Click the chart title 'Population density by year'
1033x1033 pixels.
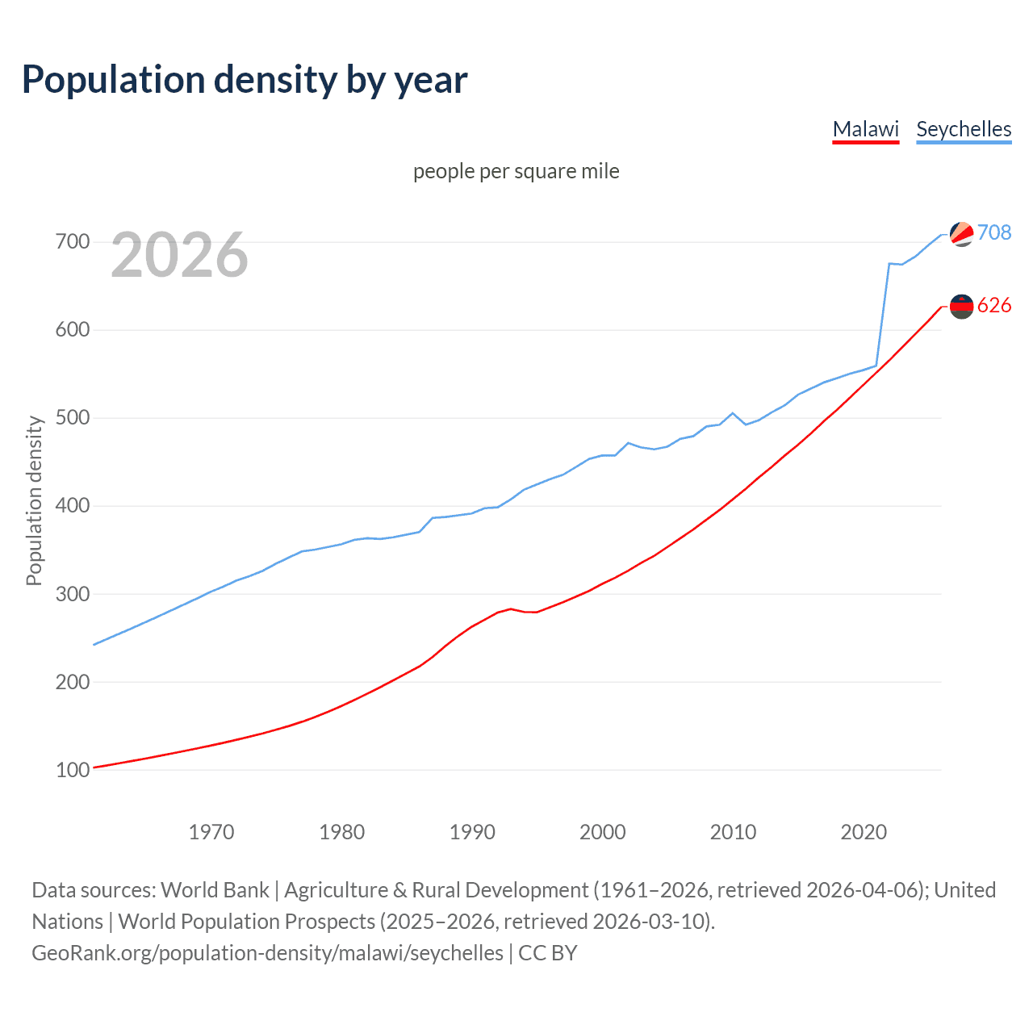(x=245, y=79)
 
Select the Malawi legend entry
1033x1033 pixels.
(x=865, y=129)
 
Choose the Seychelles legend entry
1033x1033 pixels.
(x=964, y=129)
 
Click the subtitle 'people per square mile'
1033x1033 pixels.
(x=516, y=171)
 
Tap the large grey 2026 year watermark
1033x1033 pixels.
(x=179, y=255)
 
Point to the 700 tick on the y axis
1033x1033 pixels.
(x=73, y=242)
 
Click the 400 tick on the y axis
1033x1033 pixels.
(x=73, y=506)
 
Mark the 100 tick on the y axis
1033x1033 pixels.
(x=73, y=770)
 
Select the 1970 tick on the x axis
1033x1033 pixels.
(x=211, y=831)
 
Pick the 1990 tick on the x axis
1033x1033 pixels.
(x=472, y=831)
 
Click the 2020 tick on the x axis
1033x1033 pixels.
(x=864, y=831)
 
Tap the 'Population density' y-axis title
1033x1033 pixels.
(x=34, y=500)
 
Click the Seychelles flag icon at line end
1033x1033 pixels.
(x=961, y=234)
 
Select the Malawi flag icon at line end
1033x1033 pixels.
(x=961, y=306)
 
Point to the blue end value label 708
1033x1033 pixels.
(x=994, y=232)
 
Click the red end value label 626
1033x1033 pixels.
(x=994, y=305)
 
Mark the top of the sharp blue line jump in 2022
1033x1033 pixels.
(x=889, y=263)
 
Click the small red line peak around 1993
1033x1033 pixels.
(x=511, y=609)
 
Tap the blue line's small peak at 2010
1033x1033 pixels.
(x=733, y=413)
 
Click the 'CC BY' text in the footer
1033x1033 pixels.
(x=548, y=953)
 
